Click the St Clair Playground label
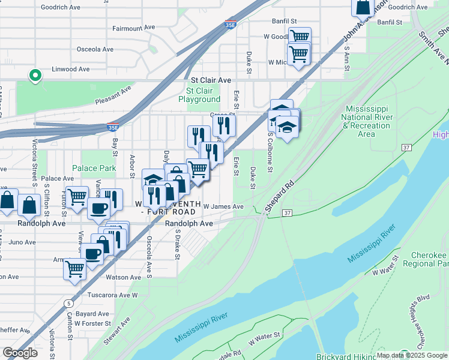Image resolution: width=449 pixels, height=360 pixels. click(199, 95)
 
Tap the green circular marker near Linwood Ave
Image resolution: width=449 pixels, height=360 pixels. click(35, 76)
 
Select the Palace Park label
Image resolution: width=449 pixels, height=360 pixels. click(94, 168)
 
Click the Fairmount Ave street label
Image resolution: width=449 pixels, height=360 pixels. click(133, 28)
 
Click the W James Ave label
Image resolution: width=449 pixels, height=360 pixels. click(223, 206)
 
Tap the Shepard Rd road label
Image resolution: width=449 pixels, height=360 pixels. click(280, 193)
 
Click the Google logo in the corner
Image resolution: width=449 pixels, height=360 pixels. click(20, 353)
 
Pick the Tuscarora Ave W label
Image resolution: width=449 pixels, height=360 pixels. click(114, 295)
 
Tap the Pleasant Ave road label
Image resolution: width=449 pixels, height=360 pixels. click(113, 95)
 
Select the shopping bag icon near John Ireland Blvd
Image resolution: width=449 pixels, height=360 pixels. click(363, 8)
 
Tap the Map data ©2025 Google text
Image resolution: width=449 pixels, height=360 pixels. click(412, 355)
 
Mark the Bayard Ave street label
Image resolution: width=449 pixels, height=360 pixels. click(92, 313)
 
